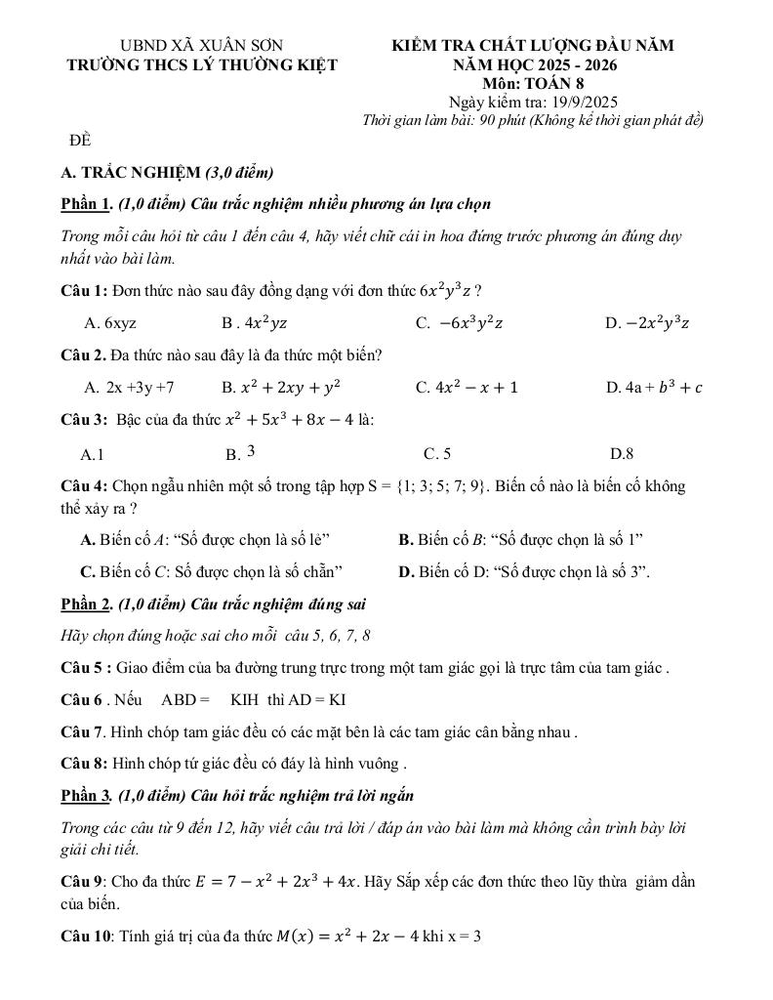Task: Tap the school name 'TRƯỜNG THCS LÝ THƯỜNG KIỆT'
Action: click(201, 65)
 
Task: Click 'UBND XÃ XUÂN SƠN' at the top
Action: click(201, 46)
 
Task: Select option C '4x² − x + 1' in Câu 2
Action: click(467, 388)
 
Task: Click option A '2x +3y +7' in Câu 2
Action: click(129, 388)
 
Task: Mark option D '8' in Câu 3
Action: click(622, 453)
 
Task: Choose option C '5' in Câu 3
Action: click(437, 453)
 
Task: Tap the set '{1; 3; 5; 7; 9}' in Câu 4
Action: click(439, 486)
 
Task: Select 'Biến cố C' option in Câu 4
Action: click(211, 571)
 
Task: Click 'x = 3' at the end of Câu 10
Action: click(466, 937)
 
